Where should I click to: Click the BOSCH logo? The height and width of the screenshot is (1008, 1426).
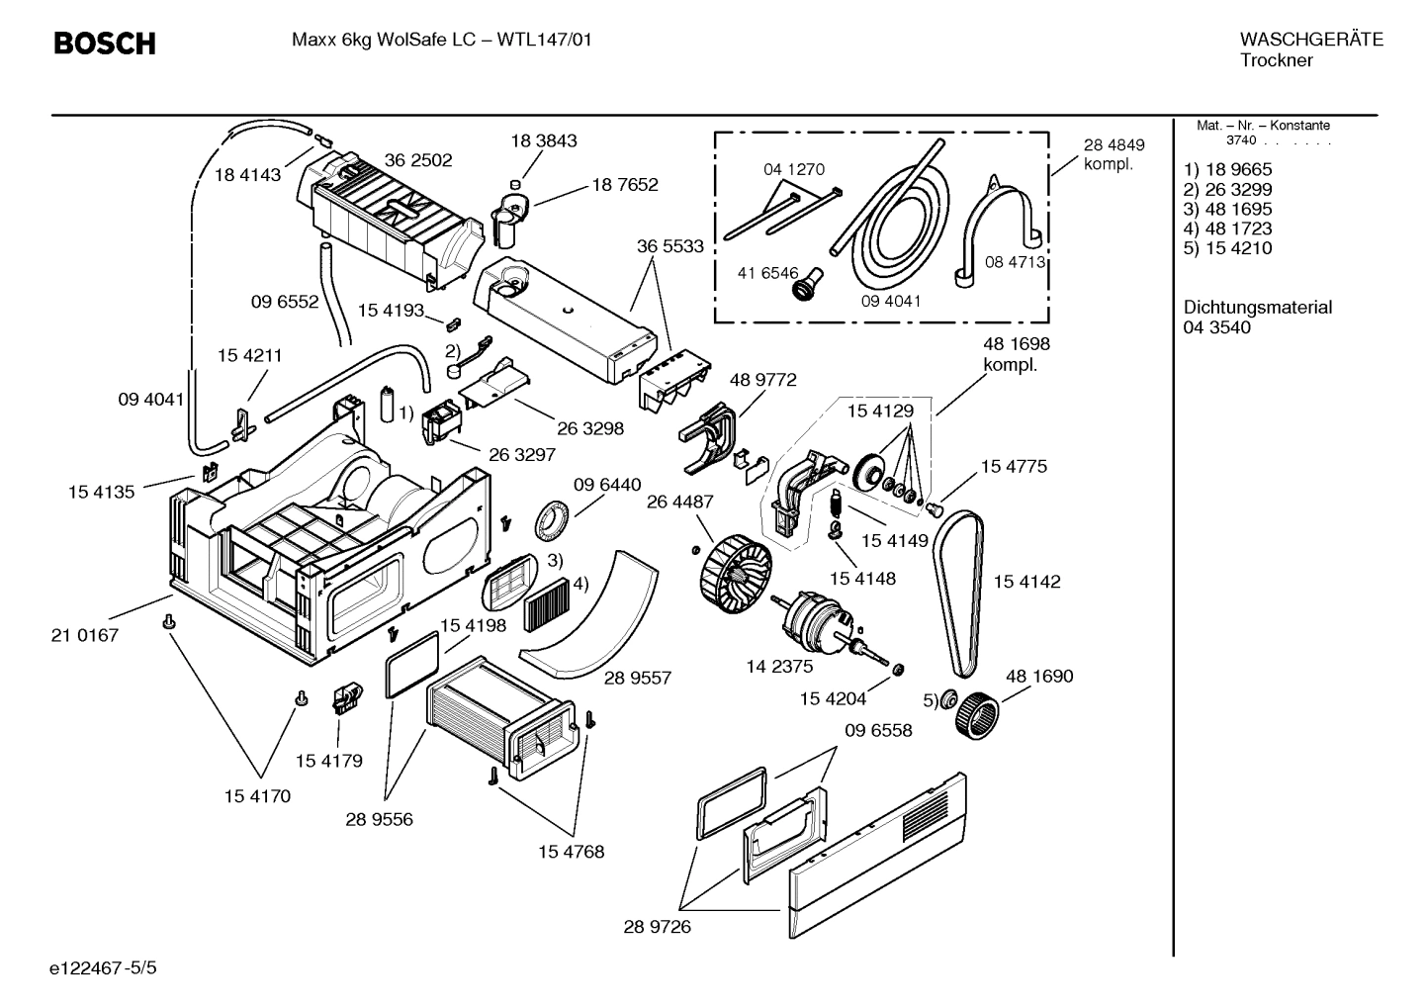click(x=104, y=44)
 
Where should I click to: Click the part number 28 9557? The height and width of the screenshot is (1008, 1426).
click(x=637, y=679)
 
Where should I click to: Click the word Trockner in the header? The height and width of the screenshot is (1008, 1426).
click(x=1277, y=61)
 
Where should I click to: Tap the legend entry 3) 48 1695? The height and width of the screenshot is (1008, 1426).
click(x=1227, y=210)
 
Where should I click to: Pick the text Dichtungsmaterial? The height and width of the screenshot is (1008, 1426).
click(x=1257, y=308)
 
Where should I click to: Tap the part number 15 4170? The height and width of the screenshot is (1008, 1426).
click(x=257, y=796)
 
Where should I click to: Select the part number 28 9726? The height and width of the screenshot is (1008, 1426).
click(x=657, y=927)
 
